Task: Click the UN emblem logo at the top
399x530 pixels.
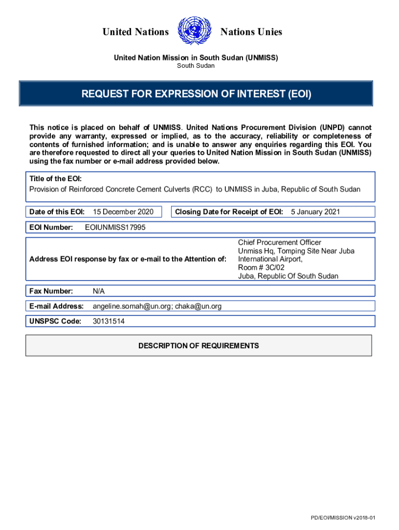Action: click(x=194, y=32)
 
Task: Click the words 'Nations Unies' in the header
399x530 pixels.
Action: click(x=251, y=32)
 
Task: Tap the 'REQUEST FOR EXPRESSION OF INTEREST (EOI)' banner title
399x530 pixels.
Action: click(x=196, y=94)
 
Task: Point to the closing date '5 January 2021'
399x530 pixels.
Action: click(x=316, y=212)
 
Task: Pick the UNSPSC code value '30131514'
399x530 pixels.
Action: click(x=108, y=321)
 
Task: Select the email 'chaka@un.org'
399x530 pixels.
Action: click(x=198, y=306)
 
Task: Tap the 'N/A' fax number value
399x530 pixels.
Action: click(x=98, y=291)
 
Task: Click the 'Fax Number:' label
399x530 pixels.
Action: click(x=51, y=291)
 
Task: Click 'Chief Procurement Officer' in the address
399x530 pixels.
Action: click(x=280, y=242)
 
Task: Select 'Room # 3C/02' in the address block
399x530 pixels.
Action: click(x=261, y=268)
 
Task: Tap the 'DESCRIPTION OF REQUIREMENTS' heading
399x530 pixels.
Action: click(x=198, y=346)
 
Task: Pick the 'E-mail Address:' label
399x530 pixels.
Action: click(x=56, y=306)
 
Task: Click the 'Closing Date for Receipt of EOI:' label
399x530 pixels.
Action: click(x=229, y=212)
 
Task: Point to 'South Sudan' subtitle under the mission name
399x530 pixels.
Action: click(x=196, y=66)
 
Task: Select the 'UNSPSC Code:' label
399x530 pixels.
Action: click(x=55, y=321)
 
